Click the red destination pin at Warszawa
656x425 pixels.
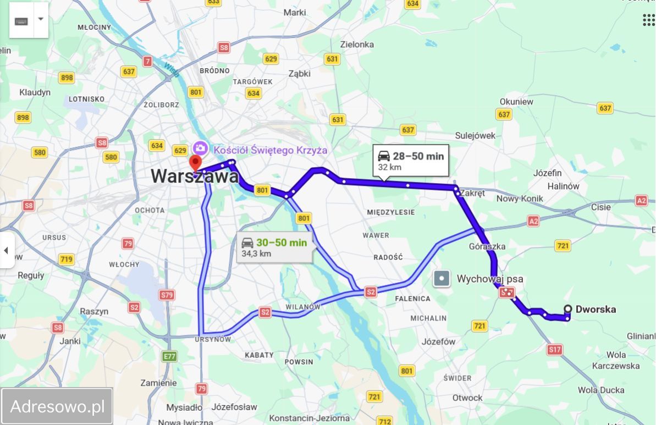coord(195,163)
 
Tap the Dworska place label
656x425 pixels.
coord(596,310)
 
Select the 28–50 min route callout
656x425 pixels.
coord(411,161)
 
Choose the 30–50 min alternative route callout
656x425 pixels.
coord(274,247)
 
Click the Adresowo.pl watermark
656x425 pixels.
coord(57,407)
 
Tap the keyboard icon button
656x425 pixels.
coord(22,20)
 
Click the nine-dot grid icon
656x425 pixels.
coord(648,20)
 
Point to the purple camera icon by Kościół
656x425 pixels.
coord(200,148)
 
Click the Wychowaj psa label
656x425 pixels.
coord(489,279)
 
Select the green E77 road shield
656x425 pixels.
coord(170,356)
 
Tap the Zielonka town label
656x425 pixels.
coord(357,45)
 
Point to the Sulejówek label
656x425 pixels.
coord(475,135)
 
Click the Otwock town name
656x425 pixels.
coord(467,398)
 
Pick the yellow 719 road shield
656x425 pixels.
coord(66,260)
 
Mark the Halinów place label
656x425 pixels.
coord(563,186)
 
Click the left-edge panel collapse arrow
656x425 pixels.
coord(6,251)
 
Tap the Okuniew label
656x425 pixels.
coord(516,101)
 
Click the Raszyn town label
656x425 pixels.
coord(94,311)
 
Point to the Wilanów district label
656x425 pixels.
coord(302,306)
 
